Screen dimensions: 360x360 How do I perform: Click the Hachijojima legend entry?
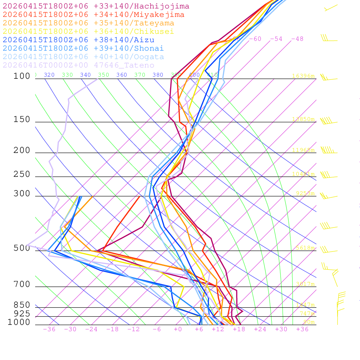tap(96, 6)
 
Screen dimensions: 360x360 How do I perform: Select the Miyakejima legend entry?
tap(94, 15)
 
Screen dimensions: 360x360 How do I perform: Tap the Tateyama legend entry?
tap(88, 23)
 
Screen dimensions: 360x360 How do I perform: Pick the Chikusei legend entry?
tap(88, 32)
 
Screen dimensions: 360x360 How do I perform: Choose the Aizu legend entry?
tap(78, 40)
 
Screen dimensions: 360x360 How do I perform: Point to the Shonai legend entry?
tap(83, 49)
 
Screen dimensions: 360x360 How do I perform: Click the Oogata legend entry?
tap(83, 57)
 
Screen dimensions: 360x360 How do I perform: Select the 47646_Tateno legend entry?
tap(78, 65)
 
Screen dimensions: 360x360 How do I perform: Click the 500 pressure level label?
tap(22, 248)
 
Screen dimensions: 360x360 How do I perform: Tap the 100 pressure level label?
tap(22, 76)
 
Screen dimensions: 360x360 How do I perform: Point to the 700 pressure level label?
tap(22, 284)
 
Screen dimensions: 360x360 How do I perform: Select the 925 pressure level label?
tap(22, 314)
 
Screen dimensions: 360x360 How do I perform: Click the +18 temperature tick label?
tap(239, 329)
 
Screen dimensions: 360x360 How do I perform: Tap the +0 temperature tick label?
tap(178, 329)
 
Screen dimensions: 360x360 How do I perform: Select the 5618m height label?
tap(304, 248)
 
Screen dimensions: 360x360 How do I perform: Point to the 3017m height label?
tap(304, 284)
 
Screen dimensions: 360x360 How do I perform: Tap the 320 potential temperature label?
tap(49, 75)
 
